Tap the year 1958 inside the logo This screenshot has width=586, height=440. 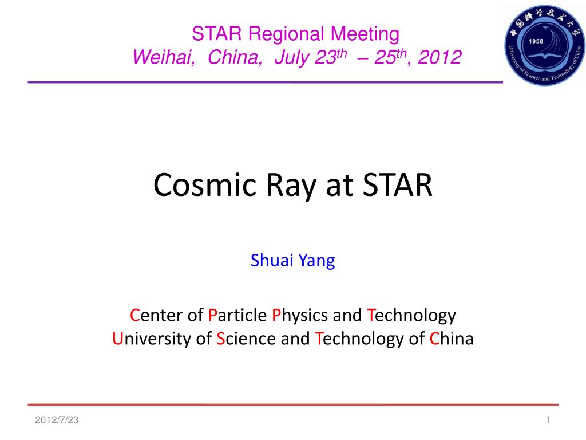536,41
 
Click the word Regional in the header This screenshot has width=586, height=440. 286,34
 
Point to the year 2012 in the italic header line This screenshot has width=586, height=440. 439,57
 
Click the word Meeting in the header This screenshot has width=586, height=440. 365,34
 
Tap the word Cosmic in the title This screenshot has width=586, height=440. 205,185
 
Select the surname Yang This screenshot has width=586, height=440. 316,261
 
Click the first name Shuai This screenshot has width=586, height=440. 272,261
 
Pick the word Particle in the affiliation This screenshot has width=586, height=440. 237,315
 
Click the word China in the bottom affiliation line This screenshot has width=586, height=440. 451,339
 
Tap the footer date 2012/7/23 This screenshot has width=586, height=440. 57,420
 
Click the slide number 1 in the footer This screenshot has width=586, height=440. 548,420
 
